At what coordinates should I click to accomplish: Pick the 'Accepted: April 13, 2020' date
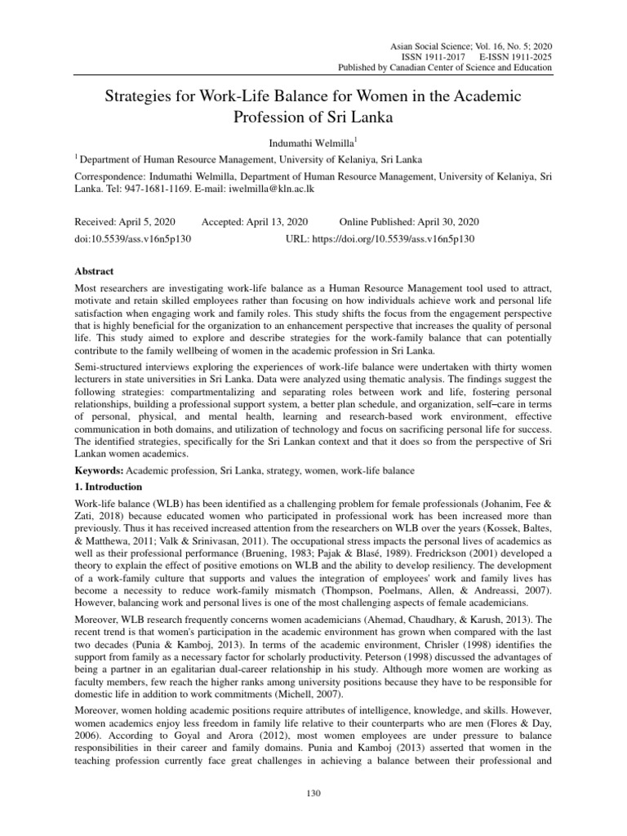[255, 222]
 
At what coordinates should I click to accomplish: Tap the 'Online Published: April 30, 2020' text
[408, 222]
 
